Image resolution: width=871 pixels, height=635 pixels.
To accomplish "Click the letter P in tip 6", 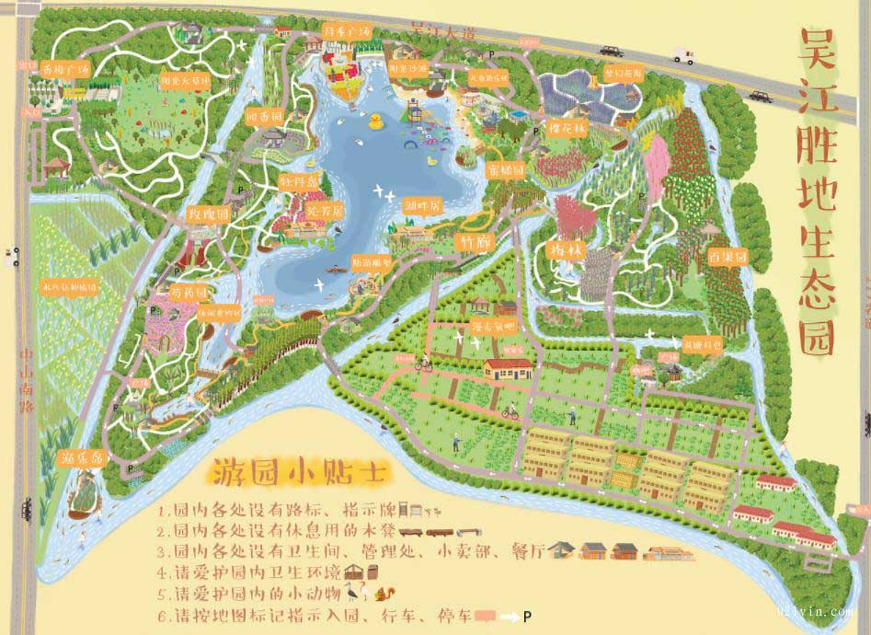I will (x=527, y=616).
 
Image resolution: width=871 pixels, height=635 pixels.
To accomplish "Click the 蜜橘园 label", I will (x=507, y=170).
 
